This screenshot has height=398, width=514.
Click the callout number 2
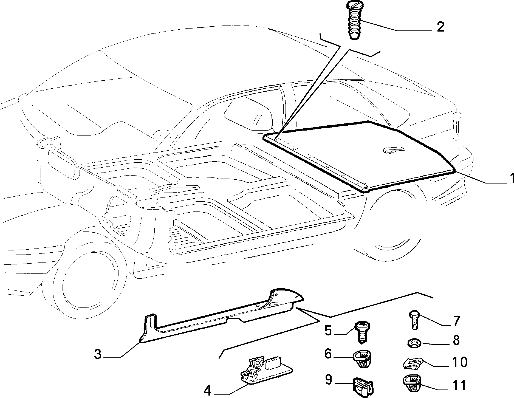tap(440, 27)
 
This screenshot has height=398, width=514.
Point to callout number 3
tap(98, 354)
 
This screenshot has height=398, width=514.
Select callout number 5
tap(328, 331)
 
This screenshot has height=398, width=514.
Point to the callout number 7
tap(456, 321)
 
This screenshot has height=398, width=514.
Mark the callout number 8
tap(456, 340)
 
